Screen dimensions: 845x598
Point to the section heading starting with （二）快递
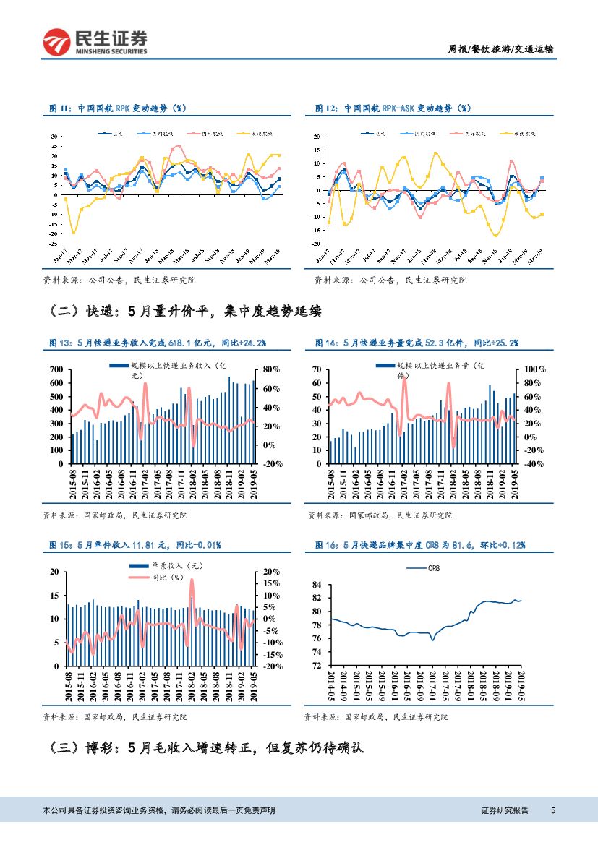(x=185, y=312)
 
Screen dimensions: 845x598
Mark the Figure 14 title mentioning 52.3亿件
(x=416, y=342)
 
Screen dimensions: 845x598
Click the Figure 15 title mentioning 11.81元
(x=134, y=544)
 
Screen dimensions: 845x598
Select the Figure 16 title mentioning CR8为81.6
(x=419, y=544)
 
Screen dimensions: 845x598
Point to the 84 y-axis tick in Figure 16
(x=316, y=585)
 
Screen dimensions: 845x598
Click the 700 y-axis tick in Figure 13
(x=56, y=370)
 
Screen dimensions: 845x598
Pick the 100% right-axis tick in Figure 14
(x=535, y=370)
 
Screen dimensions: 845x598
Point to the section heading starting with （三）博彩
(x=205, y=748)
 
